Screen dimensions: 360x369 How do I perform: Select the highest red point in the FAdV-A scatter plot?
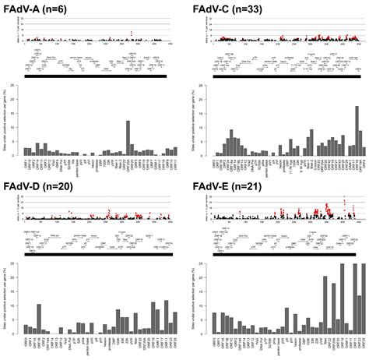(132, 31)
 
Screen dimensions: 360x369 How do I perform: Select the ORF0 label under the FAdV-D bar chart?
(26, 341)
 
